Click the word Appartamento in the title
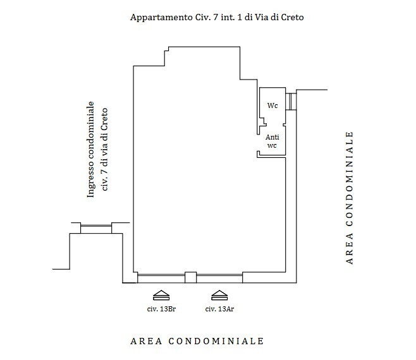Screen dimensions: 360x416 point(157,18)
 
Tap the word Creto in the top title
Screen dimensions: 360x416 point(291,18)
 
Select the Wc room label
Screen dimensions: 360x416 point(272,106)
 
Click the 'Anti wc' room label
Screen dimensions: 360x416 point(272,141)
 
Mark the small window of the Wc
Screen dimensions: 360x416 point(291,101)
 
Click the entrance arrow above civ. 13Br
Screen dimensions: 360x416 point(161,294)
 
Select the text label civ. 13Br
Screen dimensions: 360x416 point(161,309)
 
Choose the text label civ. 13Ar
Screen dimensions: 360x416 point(220,309)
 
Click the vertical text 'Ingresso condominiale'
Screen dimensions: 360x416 point(91,150)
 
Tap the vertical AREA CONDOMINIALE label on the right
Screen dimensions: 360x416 point(348,197)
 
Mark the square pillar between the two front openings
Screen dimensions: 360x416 point(190,275)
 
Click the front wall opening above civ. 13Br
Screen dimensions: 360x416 point(161,275)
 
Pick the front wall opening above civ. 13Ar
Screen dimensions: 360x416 point(219,275)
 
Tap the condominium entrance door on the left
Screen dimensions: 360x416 point(95,227)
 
